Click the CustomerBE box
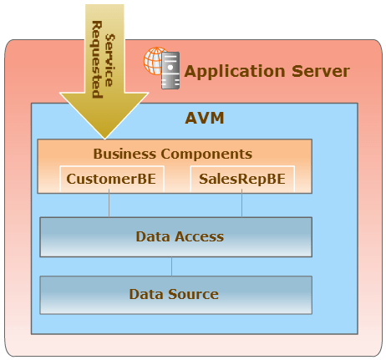point(112,179)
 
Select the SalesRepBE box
point(242,179)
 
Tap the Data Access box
point(176,237)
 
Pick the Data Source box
point(176,295)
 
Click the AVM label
point(205,118)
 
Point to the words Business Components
point(173,154)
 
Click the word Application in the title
point(235,72)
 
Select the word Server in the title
point(321,71)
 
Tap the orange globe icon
point(154,61)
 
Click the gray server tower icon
point(170,70)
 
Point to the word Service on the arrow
point(109,60)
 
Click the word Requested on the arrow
point(97,59)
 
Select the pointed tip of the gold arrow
point(104,139)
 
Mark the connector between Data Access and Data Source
point(171,266)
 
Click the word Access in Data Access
point(200,236)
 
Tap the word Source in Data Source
point(193,294)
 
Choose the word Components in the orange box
point(206,154)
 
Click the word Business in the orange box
point(124,154)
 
